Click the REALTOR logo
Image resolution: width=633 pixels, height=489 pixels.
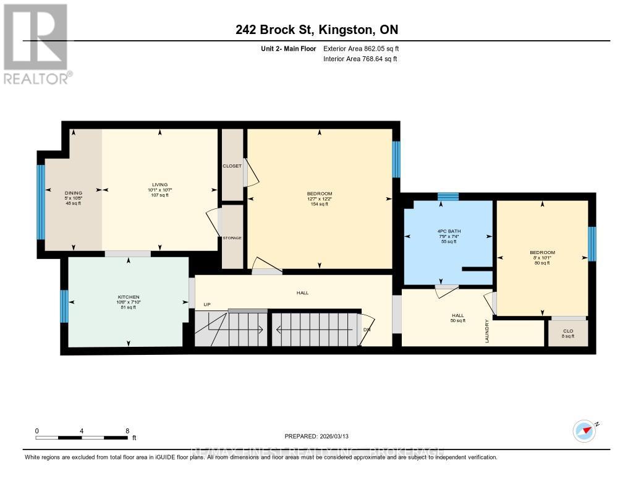click(36, 43)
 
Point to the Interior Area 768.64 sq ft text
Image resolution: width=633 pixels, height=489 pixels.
click(360, 59)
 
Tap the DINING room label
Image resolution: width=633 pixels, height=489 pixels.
click(74, 193)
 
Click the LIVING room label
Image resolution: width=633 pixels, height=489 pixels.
click(159, 184)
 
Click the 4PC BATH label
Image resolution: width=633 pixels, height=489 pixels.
click(449, 231)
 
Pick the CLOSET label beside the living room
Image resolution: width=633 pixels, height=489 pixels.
click(232, 166)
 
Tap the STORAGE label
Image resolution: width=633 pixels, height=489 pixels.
click(232, 238)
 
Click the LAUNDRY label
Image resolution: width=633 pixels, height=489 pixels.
click(488, 331)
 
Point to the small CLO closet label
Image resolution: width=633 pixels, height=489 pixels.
click(567, 331)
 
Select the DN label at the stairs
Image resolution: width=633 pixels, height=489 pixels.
click(367, 330)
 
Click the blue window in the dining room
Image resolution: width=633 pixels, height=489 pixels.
click(41, 202)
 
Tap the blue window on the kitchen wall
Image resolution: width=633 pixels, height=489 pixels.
click(64, 307)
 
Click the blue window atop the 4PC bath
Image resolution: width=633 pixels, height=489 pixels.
click(448, 197)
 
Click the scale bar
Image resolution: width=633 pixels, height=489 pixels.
click(82, 438)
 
